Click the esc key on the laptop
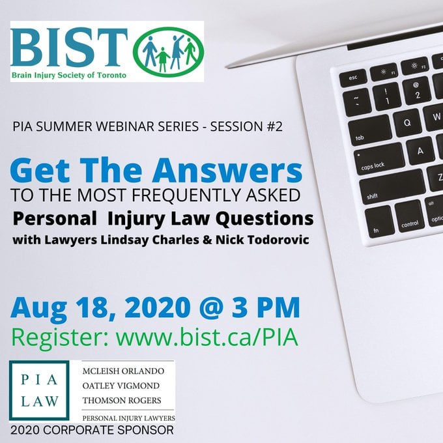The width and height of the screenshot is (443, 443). (x=353, y=78)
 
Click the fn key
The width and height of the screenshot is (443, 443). (x=379, y=221)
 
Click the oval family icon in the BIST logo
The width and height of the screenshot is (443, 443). (x=168, y=51)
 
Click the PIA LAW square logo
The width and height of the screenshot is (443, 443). (x=39, y=390)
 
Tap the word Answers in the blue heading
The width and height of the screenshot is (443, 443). (x=227, y=171)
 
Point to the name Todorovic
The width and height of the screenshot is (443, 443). (x=278, y=240)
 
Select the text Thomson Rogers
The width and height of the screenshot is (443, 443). (x=122, y=401)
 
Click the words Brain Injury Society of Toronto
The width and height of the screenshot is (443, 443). (x=68, y=76)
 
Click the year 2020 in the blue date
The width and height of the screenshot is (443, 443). (x=157, y=308)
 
